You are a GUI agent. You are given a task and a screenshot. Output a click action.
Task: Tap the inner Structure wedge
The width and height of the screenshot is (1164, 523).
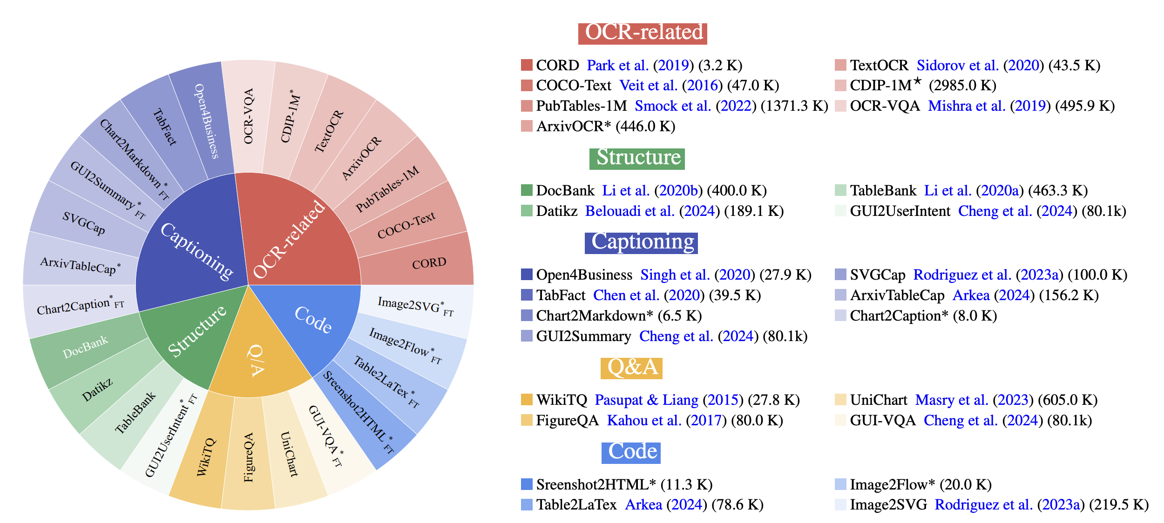coord(196,333)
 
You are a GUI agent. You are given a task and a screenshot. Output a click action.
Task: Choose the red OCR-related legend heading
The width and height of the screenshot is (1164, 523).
coord(643,34)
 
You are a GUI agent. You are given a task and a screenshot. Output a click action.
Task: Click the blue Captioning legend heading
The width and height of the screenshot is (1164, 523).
coord(641,243)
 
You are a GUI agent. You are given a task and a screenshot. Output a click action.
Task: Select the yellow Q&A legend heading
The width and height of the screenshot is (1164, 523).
coord(631,368)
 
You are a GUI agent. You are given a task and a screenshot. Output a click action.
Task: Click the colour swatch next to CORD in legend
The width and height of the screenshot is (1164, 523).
coord(527,65)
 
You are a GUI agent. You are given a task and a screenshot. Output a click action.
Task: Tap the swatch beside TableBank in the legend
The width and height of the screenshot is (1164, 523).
coord(840,190)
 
